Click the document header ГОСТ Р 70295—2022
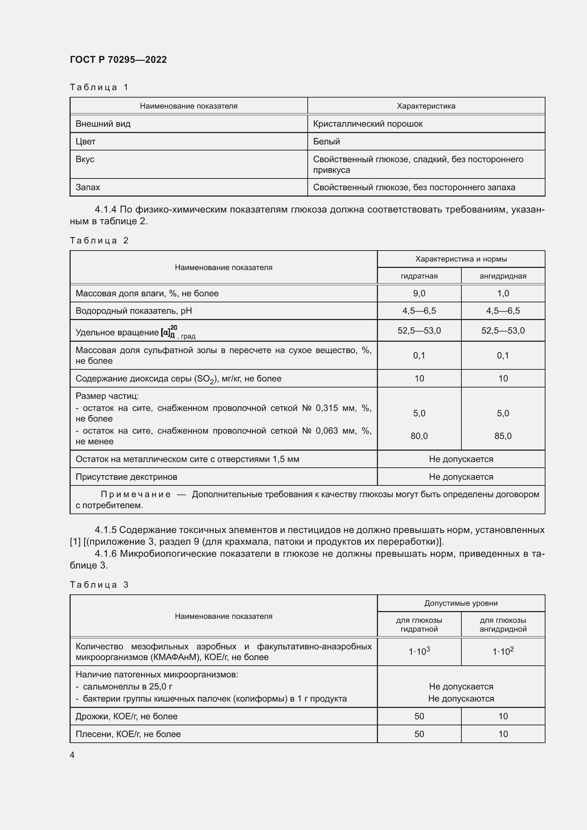[x=118, y=60]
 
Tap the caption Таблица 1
[x=99, y=87]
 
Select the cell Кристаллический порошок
[x=367, y=124]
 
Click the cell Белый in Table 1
[x=327, y=142]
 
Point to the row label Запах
[x=88, y=187]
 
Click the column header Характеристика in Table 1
[x=426, y=106]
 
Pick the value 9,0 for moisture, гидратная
[x=419, y=293]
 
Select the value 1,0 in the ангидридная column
[x=503, y=293]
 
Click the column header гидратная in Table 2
[x=419, y=276]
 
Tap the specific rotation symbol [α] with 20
[x=169, y=331]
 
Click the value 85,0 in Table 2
[x=503, y=436]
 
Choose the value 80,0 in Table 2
[x=419, y=436]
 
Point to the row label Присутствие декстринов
[x=126, y=477]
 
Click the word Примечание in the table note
[x=136, y=495]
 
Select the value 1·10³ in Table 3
[x=419, y=652]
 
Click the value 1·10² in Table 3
[x=503, y=652]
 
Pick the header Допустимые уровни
[x=461, y=603]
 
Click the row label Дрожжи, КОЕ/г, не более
[x=126, y=716]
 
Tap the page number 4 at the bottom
[x=72, y=755]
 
